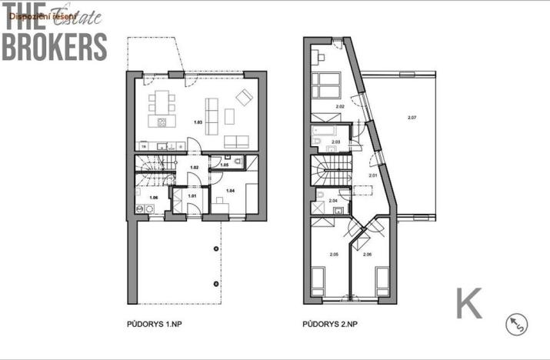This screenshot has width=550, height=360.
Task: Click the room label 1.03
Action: pyautogui.click(x=198, y=123)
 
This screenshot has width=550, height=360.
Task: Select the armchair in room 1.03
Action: pyautogui.click(x=245, y=97)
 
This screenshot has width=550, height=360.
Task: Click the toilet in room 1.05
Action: pyautogui.click(x=238, y=162)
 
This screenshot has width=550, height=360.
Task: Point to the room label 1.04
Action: pyautogui.click(x=230, y=190)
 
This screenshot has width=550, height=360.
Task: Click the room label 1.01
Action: pyautogui.click(x=192, y=196)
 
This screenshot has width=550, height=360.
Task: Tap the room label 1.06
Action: pyautogui.click(x=153, y=198)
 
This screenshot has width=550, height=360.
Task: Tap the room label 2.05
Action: pyautogui.click(x=334, y=254)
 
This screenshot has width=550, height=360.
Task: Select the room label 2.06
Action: pyautogui.click(x=367, y=254)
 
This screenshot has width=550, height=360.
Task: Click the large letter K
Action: pyautogui.click(x=469, y=303)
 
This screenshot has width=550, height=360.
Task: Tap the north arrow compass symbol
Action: pyautogui.click(x=516, y=325)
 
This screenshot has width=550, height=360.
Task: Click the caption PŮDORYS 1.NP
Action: pyautogui.click(x=153, y=325)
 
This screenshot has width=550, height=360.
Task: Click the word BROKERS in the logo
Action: pyautogui.click(x=54, y=45)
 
